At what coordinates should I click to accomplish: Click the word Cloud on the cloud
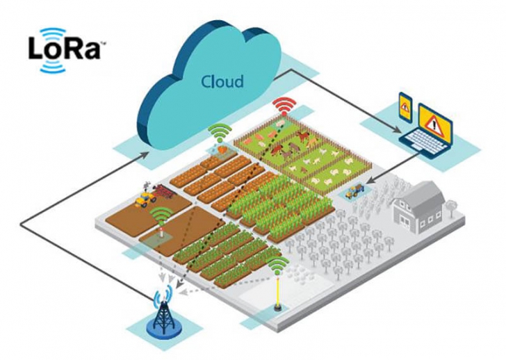tap(222, 81)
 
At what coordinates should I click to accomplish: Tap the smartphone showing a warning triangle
tap(405, 108)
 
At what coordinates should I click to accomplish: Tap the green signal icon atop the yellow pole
tap(278, 266)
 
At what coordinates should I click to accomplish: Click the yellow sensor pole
tap(278, 292)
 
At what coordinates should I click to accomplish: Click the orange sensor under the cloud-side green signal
tap(222, 147)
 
